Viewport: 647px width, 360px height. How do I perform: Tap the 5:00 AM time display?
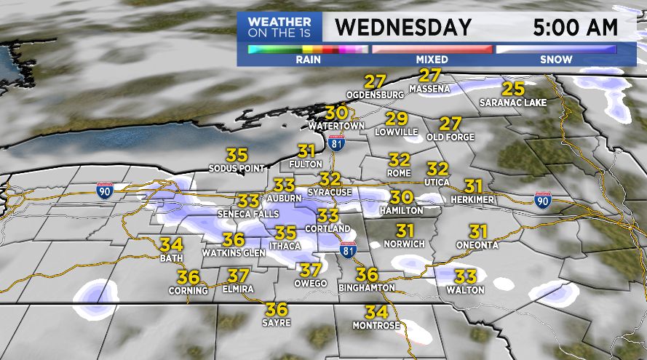pos(575,28)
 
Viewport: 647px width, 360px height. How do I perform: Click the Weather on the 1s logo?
pos(279,28)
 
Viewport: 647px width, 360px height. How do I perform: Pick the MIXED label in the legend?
pos(432,60)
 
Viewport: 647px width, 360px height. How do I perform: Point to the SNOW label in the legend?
pos(557,60)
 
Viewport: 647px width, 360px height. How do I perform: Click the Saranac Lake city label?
pos(512,103)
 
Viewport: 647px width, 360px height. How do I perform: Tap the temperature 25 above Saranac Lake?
pos(514,89)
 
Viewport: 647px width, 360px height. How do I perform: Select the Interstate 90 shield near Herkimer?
pos(541,199)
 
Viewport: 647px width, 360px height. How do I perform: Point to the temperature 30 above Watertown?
pos(336,113)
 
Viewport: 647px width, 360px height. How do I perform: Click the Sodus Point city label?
pos(237,169)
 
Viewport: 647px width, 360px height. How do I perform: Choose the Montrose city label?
pos(376,325)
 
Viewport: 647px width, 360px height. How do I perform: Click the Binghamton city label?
pos(367,288)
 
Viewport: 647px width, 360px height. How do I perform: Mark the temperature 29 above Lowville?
pos(396,119)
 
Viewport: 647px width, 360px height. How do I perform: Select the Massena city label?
pos(430,89)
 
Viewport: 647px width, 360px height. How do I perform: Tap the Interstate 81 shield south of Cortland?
pos(348,249)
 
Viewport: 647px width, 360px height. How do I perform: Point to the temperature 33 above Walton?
pos(465,276)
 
